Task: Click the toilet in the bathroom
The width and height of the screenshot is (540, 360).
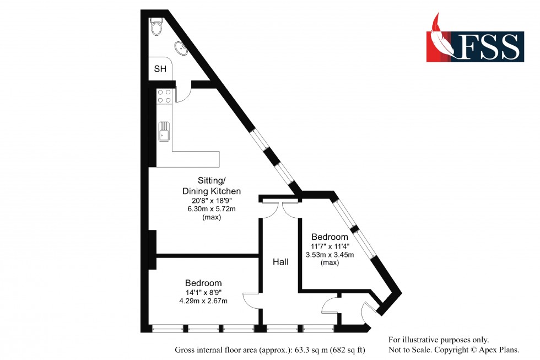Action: click(x=156, y=25)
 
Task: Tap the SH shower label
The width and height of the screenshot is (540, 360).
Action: click(x=160, y=69)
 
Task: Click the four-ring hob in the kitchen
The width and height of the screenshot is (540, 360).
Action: click(x=164, y=96)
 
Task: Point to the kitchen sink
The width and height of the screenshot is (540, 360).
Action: click(x=164, y=132)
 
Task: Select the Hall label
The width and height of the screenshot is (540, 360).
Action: click(x=280, y=262)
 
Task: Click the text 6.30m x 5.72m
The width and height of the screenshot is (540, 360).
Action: click(x=212, y=209)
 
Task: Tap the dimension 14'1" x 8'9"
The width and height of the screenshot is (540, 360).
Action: click(x=204, y=292)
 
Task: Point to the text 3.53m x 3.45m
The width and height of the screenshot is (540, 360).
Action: click(x=330, y=254)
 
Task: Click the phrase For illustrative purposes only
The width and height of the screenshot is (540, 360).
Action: click(x=439, y=340)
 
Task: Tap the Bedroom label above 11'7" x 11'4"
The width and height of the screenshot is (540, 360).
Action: click(x=330, y=237)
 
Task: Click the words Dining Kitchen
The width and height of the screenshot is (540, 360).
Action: click(x=212, y=191)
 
